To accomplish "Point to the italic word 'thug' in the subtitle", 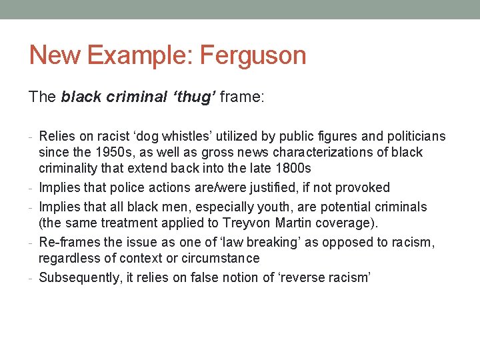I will pyautogui.click(x=194, y=97).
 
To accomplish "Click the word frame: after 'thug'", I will pyautogui.click(x=242, y=97).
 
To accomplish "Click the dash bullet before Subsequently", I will pyautogui.click(x=33, y=277).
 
